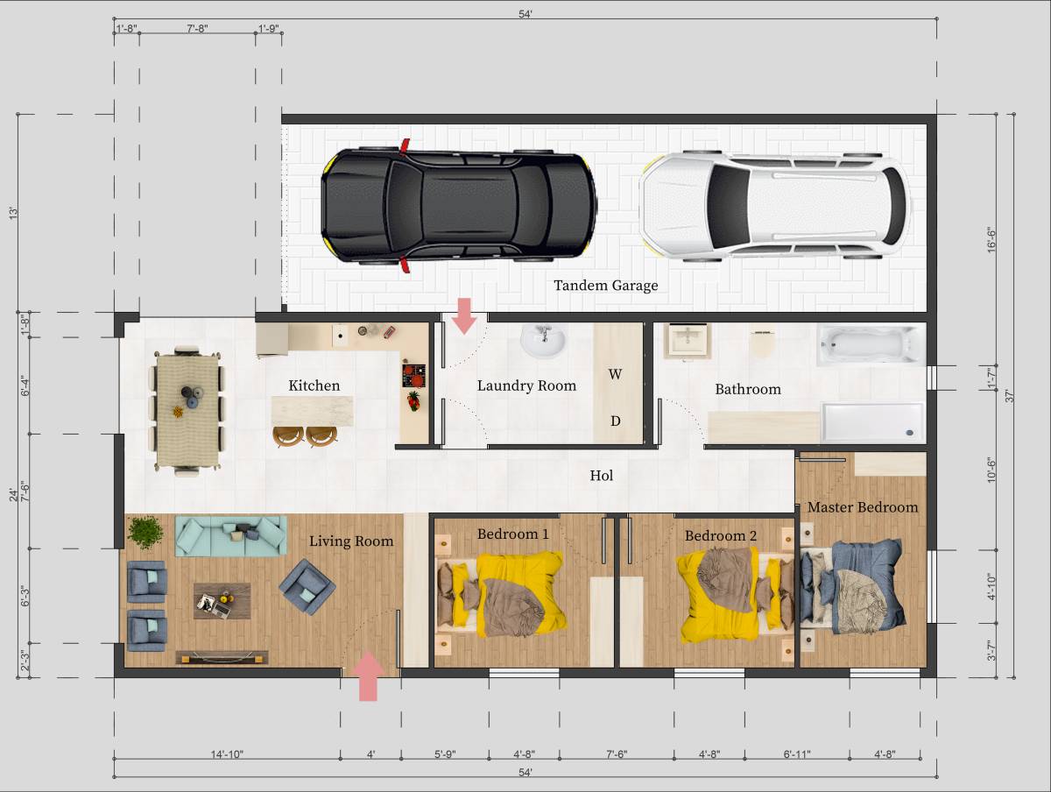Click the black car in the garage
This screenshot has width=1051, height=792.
(458, 206)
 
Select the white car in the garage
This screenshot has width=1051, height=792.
(774, 208)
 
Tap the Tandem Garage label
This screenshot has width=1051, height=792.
(605, 286)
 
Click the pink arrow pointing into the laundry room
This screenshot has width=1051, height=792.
(464, 315)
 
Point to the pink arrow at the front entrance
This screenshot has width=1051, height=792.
(369, 677)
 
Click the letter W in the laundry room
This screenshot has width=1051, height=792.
(616, 374)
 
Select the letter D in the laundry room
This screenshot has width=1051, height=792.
(616, 421)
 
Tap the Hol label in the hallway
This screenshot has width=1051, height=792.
(601, 476)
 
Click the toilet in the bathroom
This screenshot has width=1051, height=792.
(763, 343)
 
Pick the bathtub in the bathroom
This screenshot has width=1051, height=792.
(871, 345)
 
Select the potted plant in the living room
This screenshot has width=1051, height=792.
(145, 532)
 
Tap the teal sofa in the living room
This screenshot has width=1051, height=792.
(231, 534)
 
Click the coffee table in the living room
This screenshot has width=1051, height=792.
(222, 601)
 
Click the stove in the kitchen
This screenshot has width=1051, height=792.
(413, 376)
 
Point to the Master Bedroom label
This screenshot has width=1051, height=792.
(862, 507)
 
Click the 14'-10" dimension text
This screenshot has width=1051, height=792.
(227, 754)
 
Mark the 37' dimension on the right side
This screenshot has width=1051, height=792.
(1009, 395)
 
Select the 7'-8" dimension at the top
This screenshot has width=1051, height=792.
(197, 29)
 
